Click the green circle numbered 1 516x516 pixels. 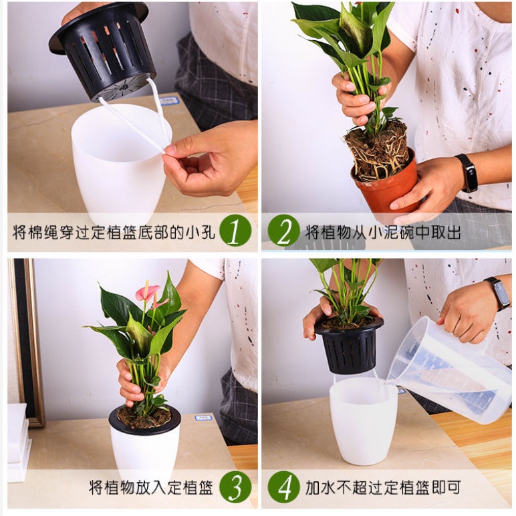pyautogui.click(x=235, y=230)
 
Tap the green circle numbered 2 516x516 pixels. pyautogui.click(x=283, y=230)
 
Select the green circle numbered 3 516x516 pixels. pyautogui.click(x=235, y=487)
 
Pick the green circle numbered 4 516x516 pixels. pyautogui.click(x=283, y=487)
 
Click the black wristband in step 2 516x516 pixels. pyautogui.click(x=467, y=172)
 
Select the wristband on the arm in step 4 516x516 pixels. pyautogui.click(x=497, y=292)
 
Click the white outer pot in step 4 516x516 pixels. pyautogui.click(x=364, y=421)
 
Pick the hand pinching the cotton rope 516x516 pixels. pyautogui.click(x=211, y=158)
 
